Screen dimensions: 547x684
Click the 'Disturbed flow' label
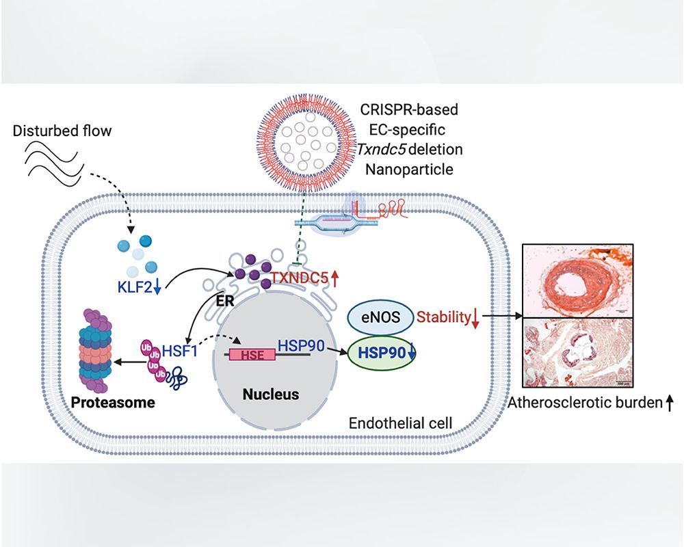coord(61,131)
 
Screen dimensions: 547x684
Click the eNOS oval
coord(378,317)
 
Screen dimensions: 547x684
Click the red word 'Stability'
coord(441,317)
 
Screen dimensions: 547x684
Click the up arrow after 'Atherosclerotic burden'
coord(670,403)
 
